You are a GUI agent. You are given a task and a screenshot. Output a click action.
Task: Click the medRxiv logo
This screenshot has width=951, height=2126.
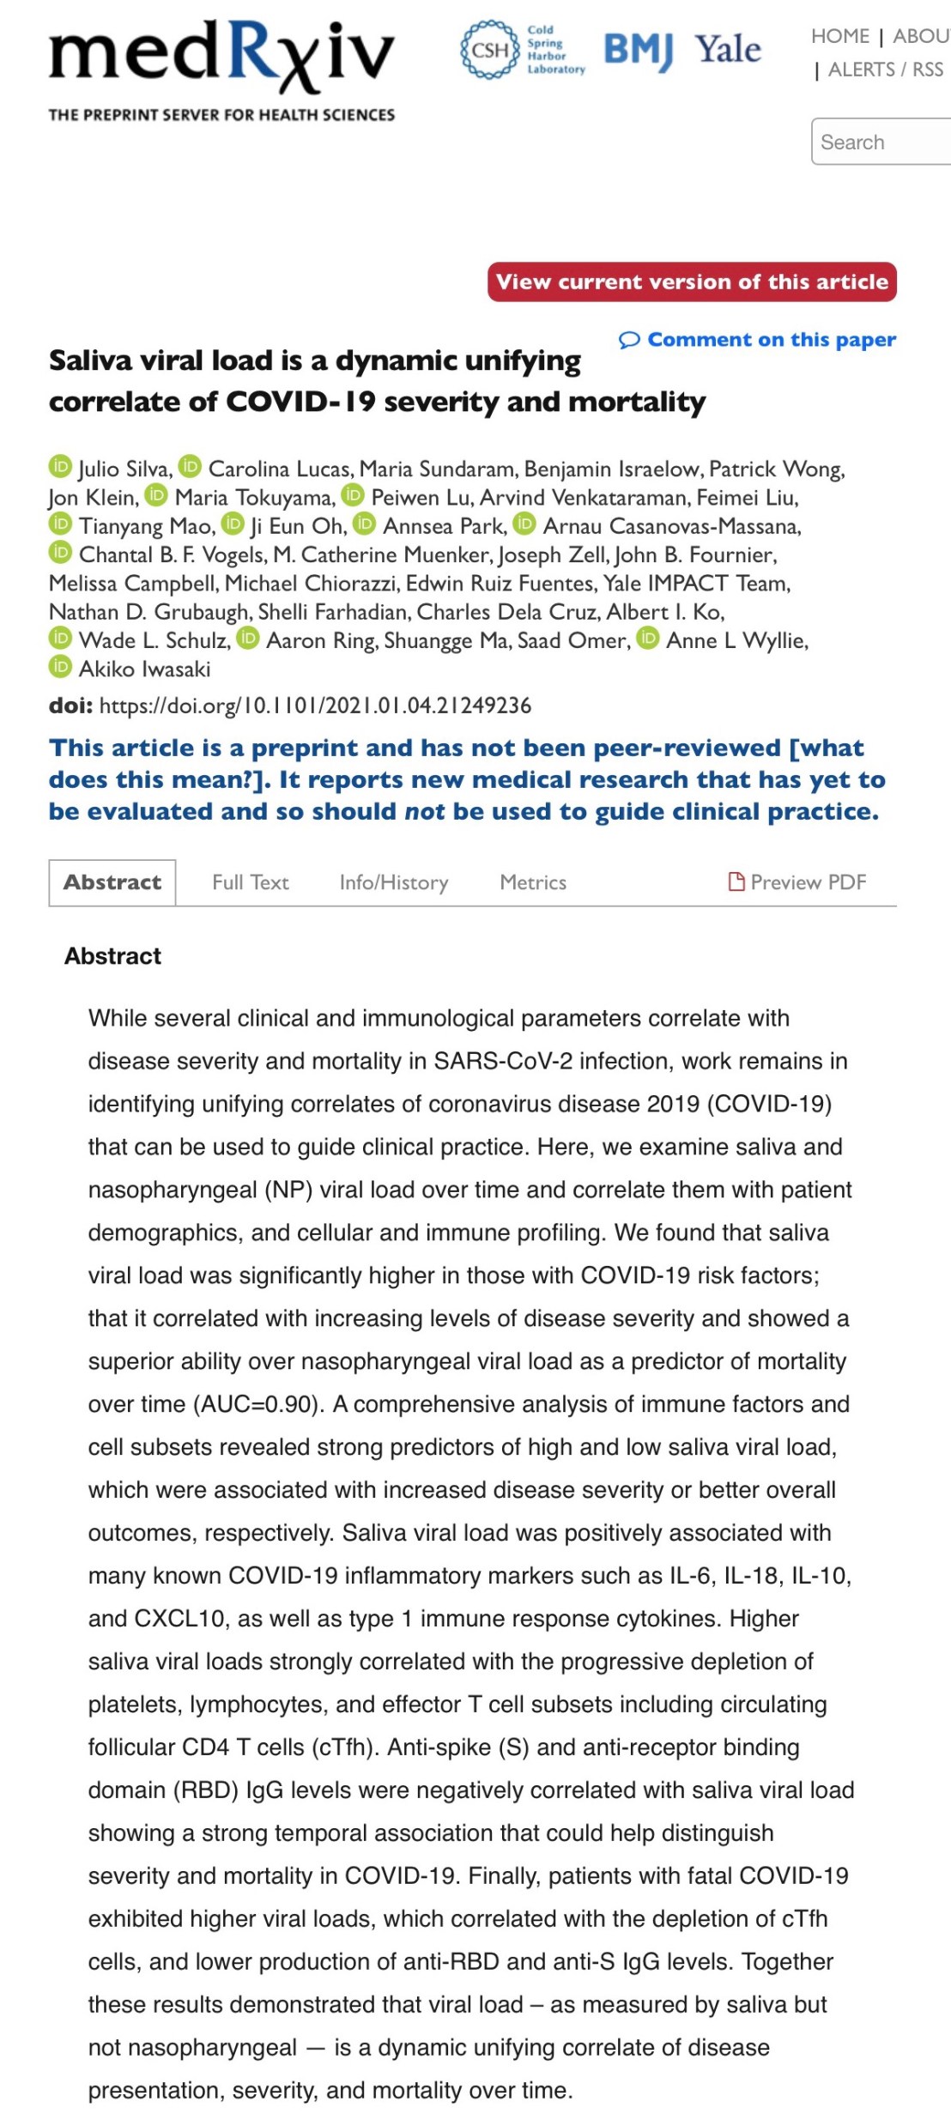pos(221,57)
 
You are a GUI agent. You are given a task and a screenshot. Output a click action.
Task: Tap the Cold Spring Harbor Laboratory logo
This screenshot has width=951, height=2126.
pos(523,51)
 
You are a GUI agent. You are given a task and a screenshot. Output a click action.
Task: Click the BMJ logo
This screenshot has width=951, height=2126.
pos(638,50)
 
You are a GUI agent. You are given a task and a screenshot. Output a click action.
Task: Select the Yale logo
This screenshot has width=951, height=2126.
pos(728,50)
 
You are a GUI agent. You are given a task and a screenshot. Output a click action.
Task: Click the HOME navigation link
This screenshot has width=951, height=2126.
pos(840,36)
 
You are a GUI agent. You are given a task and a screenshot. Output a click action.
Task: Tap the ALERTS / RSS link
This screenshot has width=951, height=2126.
pos(885,70)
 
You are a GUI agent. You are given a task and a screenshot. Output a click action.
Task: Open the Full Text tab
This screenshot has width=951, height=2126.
pos(250,882)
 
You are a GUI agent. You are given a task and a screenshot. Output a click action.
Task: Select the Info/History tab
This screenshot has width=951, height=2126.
pos(394,882)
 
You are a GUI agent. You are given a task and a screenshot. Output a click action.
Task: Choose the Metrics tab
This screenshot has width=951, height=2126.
pos(533,882)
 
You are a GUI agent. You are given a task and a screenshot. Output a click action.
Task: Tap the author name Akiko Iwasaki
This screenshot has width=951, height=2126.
pos(144,669)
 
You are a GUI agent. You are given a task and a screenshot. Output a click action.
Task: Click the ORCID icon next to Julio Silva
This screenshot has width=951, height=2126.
pos(60,466)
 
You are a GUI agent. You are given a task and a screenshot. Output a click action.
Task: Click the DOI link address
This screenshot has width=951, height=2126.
pos(315,706)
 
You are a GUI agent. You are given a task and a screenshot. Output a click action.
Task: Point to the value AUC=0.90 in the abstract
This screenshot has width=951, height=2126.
pos(257,1404)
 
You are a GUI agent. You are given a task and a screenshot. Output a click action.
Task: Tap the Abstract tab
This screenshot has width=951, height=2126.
pos(112,882)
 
